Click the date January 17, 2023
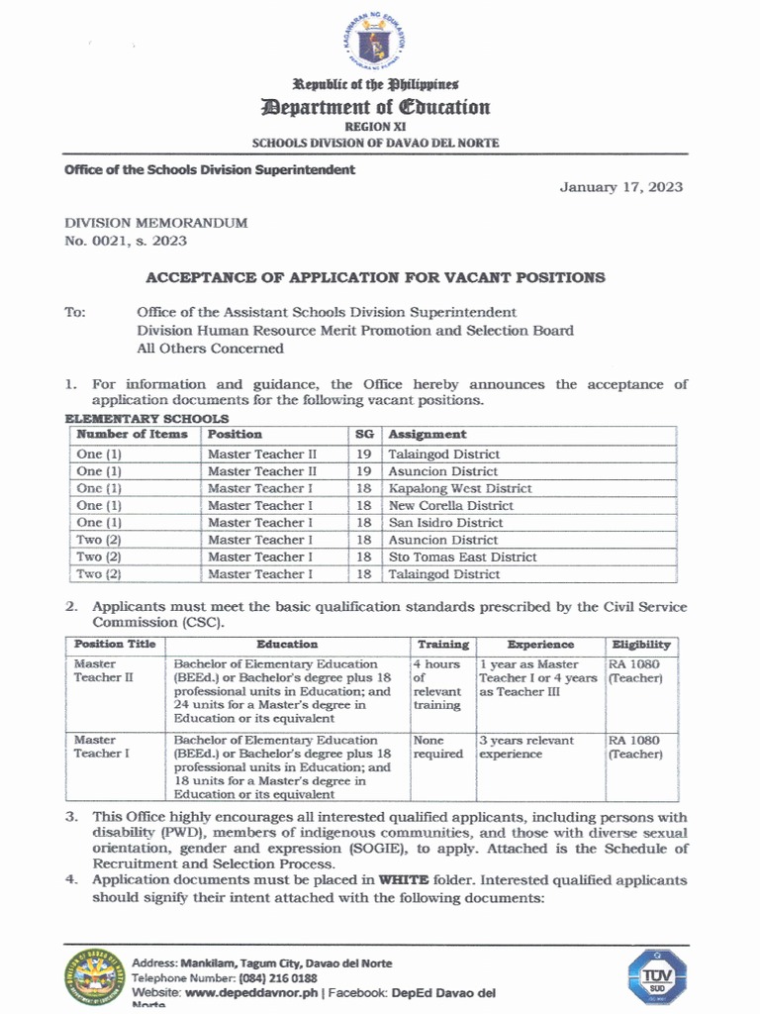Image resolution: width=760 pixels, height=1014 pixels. [621, 187]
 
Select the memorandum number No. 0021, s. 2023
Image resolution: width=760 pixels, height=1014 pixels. [126, 240]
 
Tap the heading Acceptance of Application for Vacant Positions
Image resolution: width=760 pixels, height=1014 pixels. [375, 278]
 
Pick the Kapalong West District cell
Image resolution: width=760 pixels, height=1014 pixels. [459, 488]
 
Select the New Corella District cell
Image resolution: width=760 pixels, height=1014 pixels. [450, 505]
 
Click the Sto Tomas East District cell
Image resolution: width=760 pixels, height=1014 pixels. [462, 557]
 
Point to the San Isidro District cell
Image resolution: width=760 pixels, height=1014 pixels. [445, 523]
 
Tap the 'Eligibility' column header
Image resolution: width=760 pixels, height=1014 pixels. [640, 645]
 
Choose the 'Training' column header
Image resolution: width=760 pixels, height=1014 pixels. [442, 645]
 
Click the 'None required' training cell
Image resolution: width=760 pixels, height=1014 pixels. [437, 748]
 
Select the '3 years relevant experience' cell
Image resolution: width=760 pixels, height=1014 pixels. [525, 748]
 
